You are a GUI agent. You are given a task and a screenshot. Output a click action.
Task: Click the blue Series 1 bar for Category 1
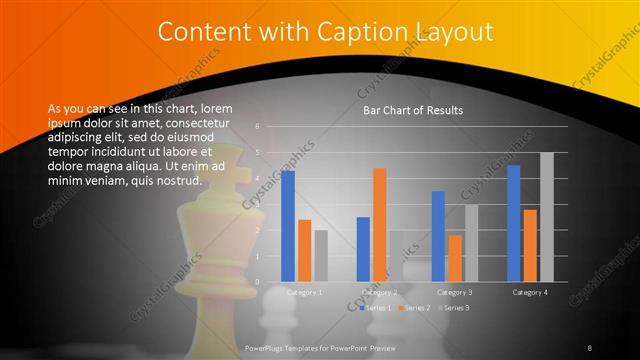pos(288,226)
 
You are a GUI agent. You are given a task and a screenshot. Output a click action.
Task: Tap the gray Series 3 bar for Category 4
pos(546,216)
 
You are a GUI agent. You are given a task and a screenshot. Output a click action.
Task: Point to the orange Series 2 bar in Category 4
pos(530,245)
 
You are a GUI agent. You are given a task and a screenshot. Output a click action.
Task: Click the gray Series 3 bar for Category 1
pos(321,256)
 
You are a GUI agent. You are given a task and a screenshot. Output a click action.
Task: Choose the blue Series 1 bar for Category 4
pos(514,223)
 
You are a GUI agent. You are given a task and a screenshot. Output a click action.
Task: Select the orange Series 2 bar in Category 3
pos(455,258)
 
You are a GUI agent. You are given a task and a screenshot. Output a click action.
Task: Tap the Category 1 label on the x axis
pos(304,292)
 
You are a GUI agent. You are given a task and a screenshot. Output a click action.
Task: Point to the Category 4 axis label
pos(530,292)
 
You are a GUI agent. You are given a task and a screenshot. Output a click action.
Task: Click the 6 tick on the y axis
pos(258,127)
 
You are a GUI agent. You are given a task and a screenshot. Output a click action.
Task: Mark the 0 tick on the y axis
pos(258,282)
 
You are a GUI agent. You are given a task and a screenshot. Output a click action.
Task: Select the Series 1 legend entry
pos(375,307)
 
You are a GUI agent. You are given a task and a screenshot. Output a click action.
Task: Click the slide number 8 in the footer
pos(589,347)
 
